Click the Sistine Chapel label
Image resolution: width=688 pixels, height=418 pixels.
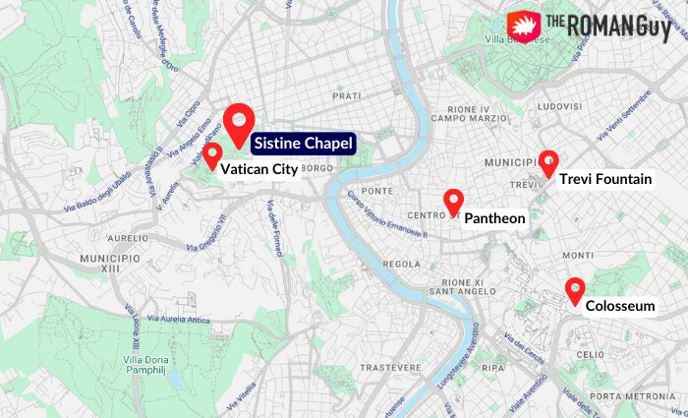tap(303, 144)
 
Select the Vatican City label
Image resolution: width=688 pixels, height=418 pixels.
tap(258, 169)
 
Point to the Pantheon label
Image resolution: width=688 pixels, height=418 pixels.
tap(494, 218)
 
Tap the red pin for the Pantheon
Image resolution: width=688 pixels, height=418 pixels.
tap(453, 202)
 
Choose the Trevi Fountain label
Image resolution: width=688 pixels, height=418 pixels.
tap(604, 179)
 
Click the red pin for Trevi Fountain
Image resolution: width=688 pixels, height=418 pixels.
tap(548, 162)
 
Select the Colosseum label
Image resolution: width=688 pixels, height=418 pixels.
tap(620, 307)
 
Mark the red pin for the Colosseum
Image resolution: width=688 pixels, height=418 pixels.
tap(575, 291)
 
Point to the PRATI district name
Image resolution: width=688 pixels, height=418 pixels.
tap(347, 96)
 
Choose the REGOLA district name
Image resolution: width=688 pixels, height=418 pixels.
tap(401, 264)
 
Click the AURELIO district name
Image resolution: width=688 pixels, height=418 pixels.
tap(128, 238)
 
